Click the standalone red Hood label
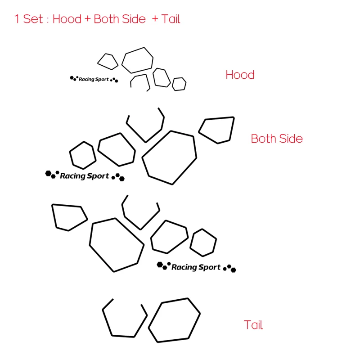click(240, 75)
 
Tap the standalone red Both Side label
click(277, 139)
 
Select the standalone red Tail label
click(253, 325)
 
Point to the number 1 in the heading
click(17, 19)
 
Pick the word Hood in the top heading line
click(67, 19)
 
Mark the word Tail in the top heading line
click(171, 19)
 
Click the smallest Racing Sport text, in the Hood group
click(94, 80)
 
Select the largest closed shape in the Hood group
click(137, 60)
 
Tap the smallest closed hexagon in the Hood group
click(179, 84)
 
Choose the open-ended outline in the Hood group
click(140, 82)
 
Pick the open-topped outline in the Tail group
click(125, 319)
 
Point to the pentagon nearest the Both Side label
click(217, 130)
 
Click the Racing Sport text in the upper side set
click(85, 176)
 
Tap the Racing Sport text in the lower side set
click(196, 267)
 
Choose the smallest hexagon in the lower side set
click(203, 242)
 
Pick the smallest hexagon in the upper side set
click(83, 155)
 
